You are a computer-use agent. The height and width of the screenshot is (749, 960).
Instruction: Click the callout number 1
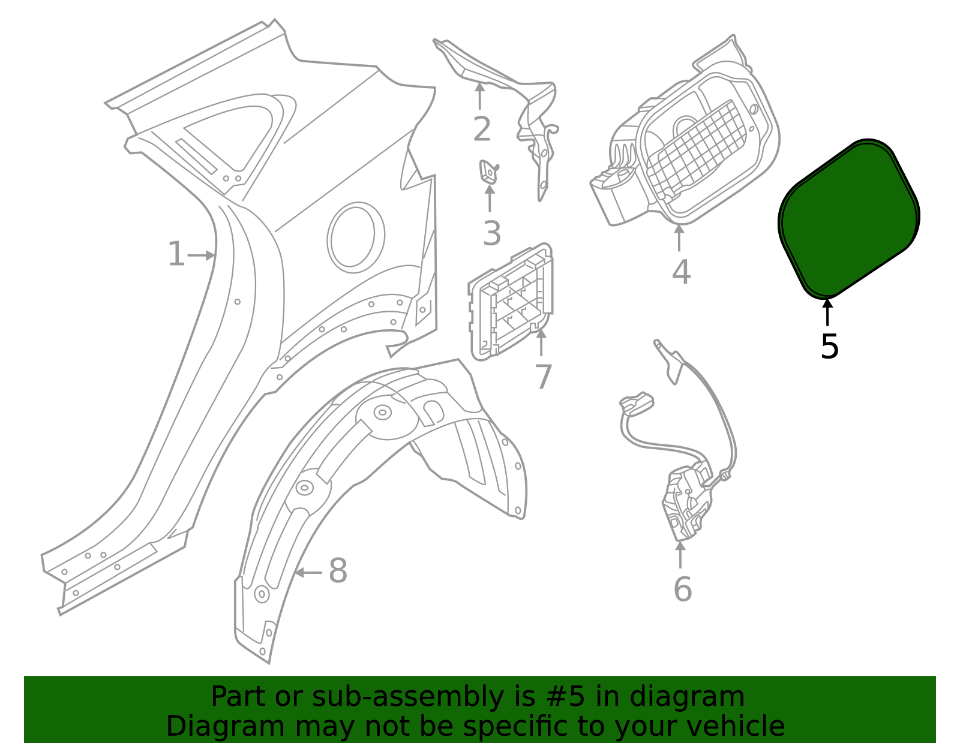[x=176, y=254]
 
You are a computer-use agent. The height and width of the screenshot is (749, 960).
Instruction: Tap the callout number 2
[x=482, y=130]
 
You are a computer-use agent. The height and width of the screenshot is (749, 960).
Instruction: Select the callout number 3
[x=491, y=233]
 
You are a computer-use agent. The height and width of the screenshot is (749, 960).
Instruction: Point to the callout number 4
[x=681, y=272]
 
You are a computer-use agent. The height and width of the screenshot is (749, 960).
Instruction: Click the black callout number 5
[x=829, y=347]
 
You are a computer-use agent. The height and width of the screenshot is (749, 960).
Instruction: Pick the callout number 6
[x=682, y=589]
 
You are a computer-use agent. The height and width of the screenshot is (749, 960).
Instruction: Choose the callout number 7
[x=543, y=377]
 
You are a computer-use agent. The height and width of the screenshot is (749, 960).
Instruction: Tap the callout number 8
[x=338, y=571]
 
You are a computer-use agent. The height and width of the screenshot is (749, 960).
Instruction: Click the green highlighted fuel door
[x=848, y=218]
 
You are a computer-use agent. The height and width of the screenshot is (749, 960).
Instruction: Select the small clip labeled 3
[x=488, y=172]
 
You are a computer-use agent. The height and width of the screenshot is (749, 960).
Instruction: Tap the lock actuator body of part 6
[x=688, y=500]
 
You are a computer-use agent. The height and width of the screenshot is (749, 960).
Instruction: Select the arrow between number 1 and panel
[x=202, y=255]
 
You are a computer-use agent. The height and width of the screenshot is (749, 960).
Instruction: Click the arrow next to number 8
[x=308, y=573]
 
